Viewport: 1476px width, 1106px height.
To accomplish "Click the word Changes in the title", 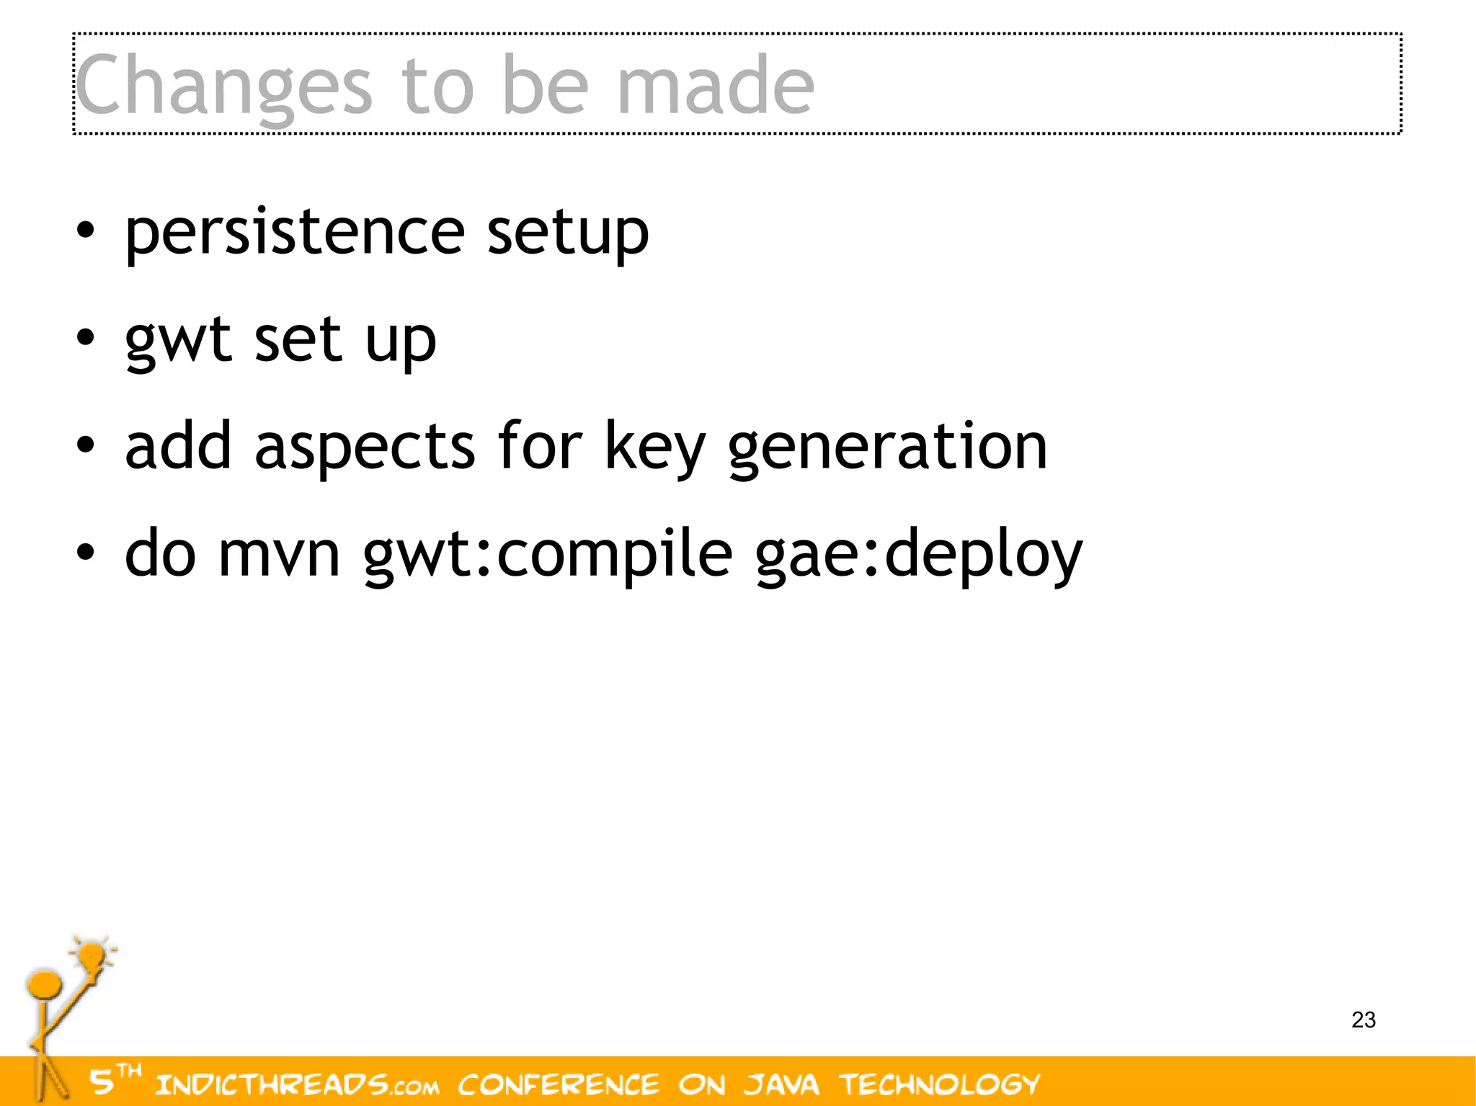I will tap(223, 86).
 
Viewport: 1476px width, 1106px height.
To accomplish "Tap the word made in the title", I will tap(716, 86).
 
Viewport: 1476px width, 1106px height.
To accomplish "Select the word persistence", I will tap(295, 232).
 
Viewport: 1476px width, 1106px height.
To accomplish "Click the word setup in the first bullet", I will tap(567, 232).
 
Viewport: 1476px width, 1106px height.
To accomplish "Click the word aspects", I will tap(365, 447).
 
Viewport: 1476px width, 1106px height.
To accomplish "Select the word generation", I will tap(887, 447).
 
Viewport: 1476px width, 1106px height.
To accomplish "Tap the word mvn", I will tap(279, 553).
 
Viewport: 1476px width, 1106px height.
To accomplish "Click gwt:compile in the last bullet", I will tap(548, 553).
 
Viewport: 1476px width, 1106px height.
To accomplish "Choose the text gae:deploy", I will tap(919, 553).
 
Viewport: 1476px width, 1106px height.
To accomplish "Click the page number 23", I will tap(1364, 1020).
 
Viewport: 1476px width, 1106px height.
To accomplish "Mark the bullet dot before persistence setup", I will tap(85, 232).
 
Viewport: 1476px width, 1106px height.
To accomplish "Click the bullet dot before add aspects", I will tap(85, 446).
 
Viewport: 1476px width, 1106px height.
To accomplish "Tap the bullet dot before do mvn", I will tap(85, 553).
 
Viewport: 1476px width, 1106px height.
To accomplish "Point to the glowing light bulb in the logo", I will tap(93, 956).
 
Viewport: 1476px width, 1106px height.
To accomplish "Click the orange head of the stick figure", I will tap(44, 986).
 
